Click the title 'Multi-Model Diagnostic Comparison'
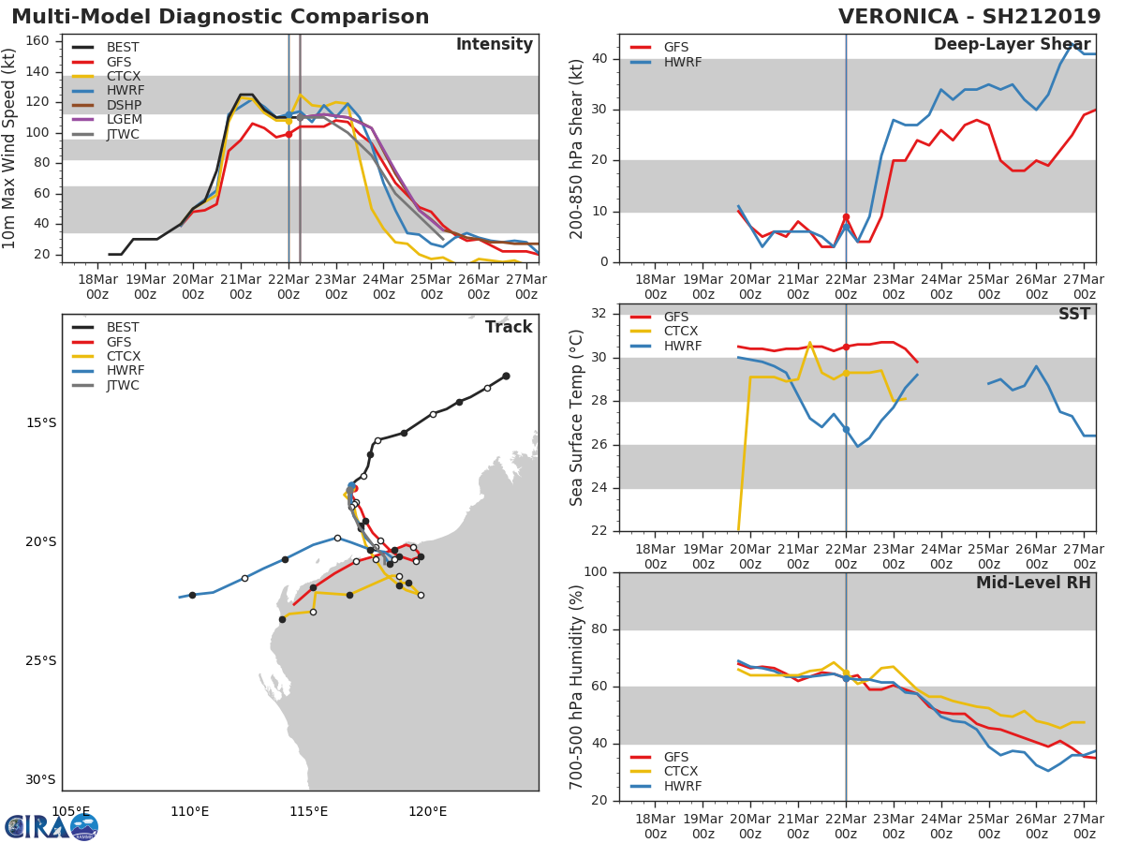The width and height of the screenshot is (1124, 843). point(220,18)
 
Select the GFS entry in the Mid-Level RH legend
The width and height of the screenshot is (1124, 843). point(676,757)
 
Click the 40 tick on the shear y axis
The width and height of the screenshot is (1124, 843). point(601,59)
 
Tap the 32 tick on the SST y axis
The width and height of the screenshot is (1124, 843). point(601,314)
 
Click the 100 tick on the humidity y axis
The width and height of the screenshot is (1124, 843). point(597,572)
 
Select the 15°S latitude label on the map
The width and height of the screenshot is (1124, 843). point(40,422)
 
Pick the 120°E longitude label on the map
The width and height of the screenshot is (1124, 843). point(427,811)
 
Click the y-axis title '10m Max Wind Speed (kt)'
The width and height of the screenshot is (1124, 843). point(10,148)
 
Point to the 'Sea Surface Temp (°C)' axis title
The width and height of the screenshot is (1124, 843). point(577,418)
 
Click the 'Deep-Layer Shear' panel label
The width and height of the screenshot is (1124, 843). point(1012,45)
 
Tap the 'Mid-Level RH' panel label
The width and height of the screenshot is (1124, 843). point(1033,584)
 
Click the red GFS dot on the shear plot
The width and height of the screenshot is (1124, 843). point(846,217)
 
